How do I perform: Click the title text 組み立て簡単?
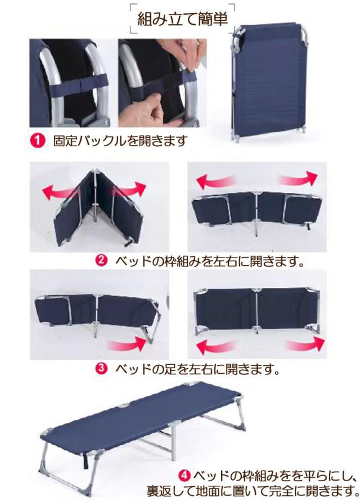tap(182, 19)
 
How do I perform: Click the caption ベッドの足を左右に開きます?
tap(197, 369)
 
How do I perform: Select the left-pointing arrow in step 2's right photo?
tap(214, 182)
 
